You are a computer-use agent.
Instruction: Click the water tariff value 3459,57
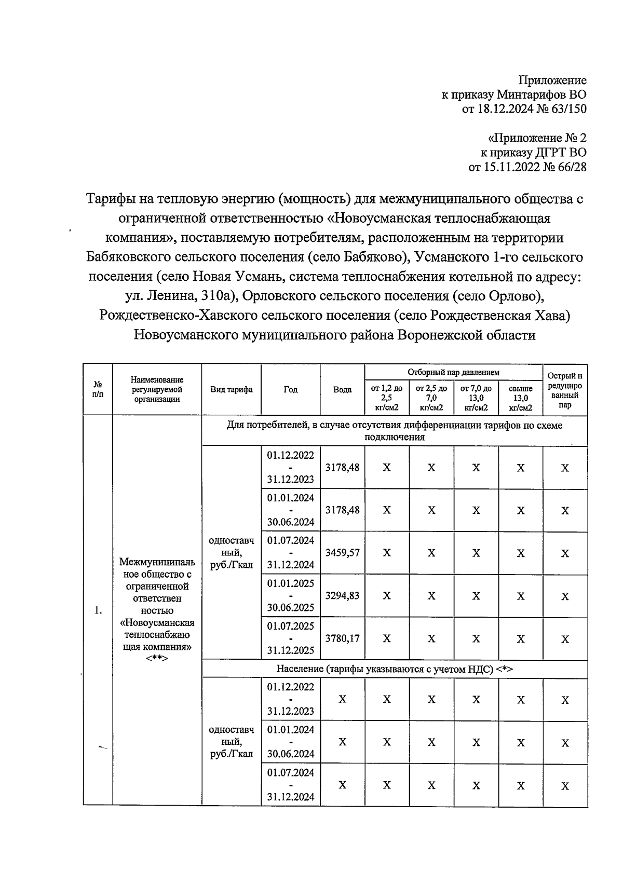point(342,553)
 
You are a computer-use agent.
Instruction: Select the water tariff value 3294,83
point(342,596)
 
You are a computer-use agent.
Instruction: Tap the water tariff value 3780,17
point(342,638)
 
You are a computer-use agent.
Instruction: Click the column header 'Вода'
point(342,390)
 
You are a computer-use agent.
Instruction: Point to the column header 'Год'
point(291,390)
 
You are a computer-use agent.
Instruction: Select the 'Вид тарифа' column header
point(232,390)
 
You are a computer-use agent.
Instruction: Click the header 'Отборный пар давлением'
point(453,372)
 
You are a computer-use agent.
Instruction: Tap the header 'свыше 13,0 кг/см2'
point(520,398)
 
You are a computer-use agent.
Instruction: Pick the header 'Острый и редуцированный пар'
point(565,390)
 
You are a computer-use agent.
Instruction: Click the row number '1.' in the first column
point(98,610)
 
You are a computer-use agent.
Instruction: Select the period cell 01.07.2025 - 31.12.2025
point(291,638)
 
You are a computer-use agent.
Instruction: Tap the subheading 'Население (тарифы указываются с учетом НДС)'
point(394,669)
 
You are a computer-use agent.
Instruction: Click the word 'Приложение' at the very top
point(552,80)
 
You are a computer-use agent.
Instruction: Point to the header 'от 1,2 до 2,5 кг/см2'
point(387,398)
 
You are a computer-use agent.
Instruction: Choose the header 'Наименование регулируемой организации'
point(157,390)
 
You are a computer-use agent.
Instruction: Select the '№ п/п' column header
point(98,390)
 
